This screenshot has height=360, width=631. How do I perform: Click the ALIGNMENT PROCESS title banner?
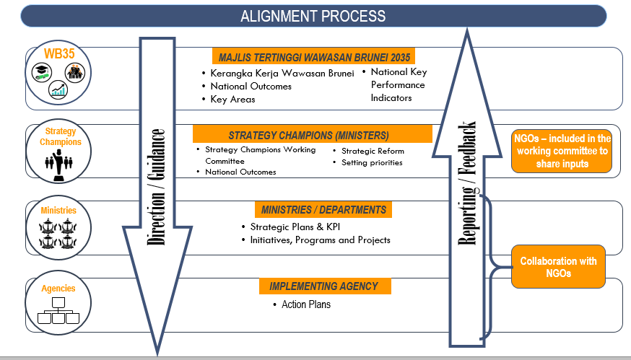[313, 16]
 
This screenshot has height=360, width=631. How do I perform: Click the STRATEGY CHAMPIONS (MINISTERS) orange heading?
[308, 135]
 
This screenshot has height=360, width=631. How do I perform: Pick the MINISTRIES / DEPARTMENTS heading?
[323, 210]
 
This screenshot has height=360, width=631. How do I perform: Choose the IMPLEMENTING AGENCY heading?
[323, 286]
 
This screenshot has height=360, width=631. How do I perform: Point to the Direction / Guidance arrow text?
[157, 188]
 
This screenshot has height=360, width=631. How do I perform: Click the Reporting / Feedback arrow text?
[469, 184]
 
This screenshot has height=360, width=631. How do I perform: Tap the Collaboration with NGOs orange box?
[558, 267]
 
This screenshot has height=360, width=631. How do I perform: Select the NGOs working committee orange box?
[562, 151]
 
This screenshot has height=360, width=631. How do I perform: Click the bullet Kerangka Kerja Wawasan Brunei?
[282, 74]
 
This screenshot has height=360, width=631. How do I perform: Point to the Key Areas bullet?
[232, 99]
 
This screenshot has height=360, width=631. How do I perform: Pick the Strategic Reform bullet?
[373, 151]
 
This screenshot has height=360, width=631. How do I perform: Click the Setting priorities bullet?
[372, 162]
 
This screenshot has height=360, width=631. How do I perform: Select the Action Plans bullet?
[305, 304]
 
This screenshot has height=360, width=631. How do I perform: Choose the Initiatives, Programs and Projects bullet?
[320, 240]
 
